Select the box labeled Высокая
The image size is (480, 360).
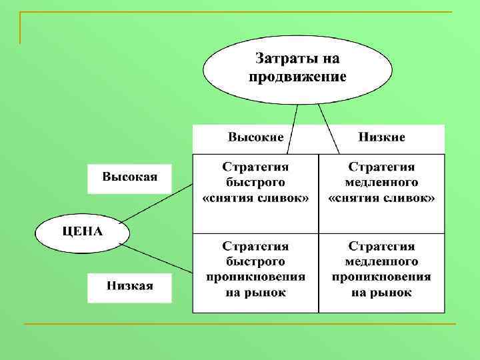pos(129,178)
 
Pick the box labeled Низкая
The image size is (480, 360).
pos(129,287)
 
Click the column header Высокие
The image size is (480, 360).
pos(255,137)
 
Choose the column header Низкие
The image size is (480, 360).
pos(381,137)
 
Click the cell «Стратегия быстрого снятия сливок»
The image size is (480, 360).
pos(255,182)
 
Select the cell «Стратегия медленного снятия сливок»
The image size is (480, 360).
pos(381,182)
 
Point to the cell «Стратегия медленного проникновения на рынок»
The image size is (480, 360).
pos(381,270)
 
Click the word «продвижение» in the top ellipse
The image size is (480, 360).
pos(297,77)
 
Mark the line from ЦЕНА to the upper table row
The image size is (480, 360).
pos(160,203)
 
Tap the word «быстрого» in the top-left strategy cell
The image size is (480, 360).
pos(255,182)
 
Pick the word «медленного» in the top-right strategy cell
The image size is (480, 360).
pos(381,182)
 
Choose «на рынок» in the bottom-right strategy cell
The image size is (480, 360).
pos(381,292)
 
